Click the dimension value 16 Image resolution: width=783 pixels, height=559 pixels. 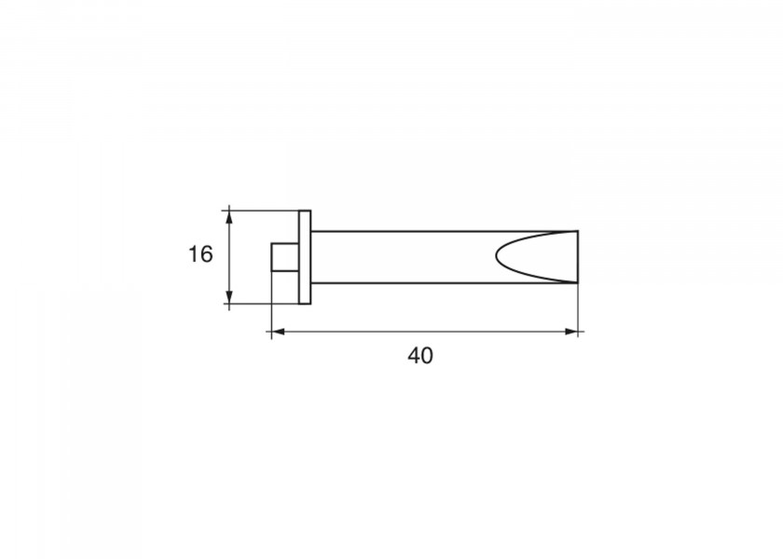[200, 254]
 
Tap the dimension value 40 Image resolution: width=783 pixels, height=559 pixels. [420, 356]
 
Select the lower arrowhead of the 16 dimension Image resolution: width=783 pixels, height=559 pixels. [229, 296]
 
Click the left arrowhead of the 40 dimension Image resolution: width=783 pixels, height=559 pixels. [278, 332]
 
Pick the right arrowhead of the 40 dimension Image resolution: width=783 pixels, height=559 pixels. [571, 332]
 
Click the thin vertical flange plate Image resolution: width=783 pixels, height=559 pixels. [305, 257]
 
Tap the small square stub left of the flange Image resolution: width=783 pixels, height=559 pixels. [285, 257]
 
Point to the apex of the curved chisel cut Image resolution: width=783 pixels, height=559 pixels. [496, 256]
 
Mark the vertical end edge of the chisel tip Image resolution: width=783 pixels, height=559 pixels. [578, 257]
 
